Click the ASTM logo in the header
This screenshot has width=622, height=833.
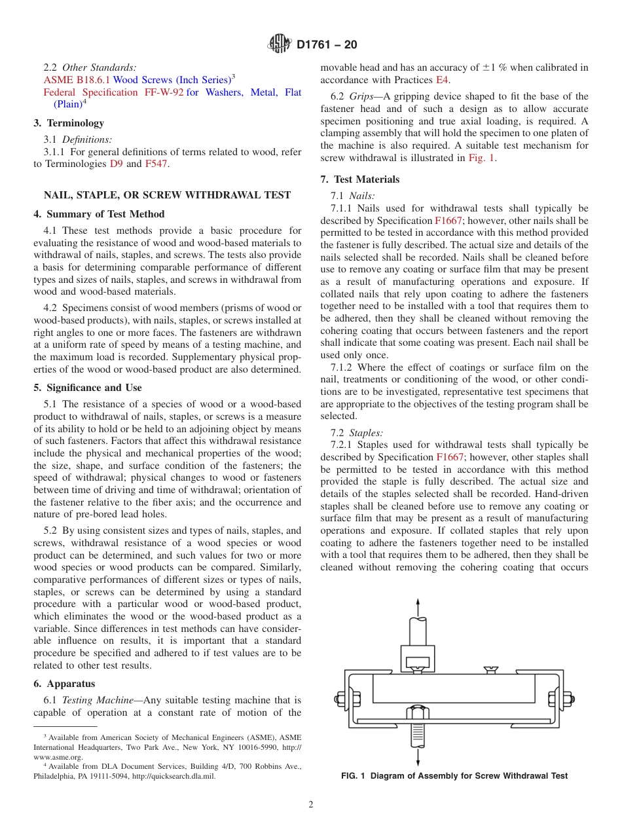pyautogui.click(x=280, y=45)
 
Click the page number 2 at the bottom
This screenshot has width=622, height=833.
pyautogui.click(x=311, y=805)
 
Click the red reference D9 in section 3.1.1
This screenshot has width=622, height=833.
pyautogui.click(x=115, y=164)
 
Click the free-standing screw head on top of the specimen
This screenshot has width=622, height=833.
pyautogui.click(x=490, y=669)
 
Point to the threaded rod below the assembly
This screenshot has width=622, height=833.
pyautogui.click(x=418, y=733)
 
